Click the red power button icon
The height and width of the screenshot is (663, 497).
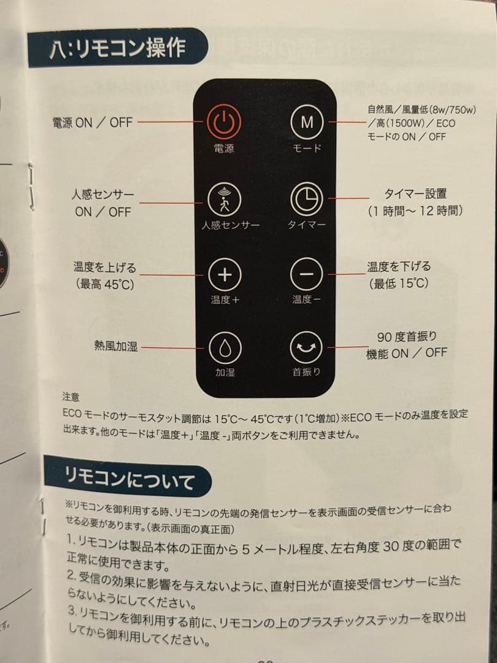(x=224, y=122)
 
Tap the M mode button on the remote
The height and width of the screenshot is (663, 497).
(x=306, y=122)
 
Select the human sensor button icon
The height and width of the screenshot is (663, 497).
(x=225, y=199)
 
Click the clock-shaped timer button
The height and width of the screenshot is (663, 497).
(x=306, y=199)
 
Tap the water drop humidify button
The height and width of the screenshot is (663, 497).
(x=225, y=348)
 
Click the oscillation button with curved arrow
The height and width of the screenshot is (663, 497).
(x=306, y=348)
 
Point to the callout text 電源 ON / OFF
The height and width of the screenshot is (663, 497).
(x=92, y=122)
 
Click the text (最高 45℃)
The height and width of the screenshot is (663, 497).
(x=104, y=284)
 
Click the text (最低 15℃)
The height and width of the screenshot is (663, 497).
(x=399, y=283)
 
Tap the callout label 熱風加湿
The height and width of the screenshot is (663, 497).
(x=115, y=346)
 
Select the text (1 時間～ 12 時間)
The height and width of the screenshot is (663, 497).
(x=415, y=211)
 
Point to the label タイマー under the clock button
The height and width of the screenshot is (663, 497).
(x=306, y=225)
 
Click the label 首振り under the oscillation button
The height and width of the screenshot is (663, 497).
(x=306, y=372)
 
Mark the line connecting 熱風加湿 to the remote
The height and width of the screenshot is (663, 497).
(x=174, y=347)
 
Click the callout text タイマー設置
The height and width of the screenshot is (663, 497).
(x=415, y=195)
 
